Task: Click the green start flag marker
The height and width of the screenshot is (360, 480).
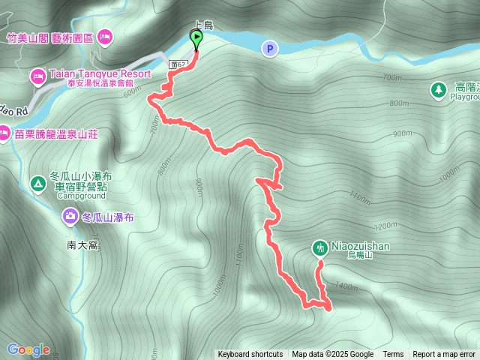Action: pos(196,38)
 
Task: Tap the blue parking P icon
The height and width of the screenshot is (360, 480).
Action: pos(269,49)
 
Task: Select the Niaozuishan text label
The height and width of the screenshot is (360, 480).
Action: pos(361,245)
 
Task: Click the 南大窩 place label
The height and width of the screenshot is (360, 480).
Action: pos(82,244)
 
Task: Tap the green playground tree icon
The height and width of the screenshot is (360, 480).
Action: pos(437,90)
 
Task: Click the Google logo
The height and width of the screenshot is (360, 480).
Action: pos(28,349)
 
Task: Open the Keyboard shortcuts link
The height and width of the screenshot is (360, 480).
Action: pos(250,355)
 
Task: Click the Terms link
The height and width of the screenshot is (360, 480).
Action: pos(393,355)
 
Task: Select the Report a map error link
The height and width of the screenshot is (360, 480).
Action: pos(444,355)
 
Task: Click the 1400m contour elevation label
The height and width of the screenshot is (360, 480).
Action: pos(346,286)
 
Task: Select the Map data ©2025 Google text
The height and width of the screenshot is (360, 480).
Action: pos(332,355)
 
